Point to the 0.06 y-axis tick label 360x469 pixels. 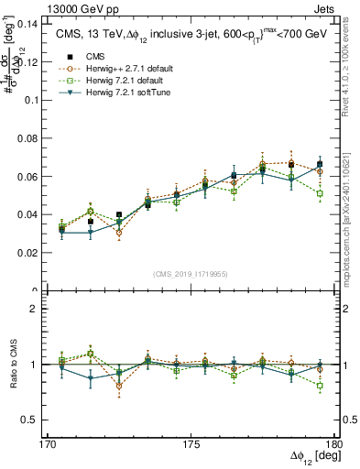[x=27, y=176]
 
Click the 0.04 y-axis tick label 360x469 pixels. [x=27, y=214]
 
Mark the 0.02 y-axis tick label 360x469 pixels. [x=27, y=252]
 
